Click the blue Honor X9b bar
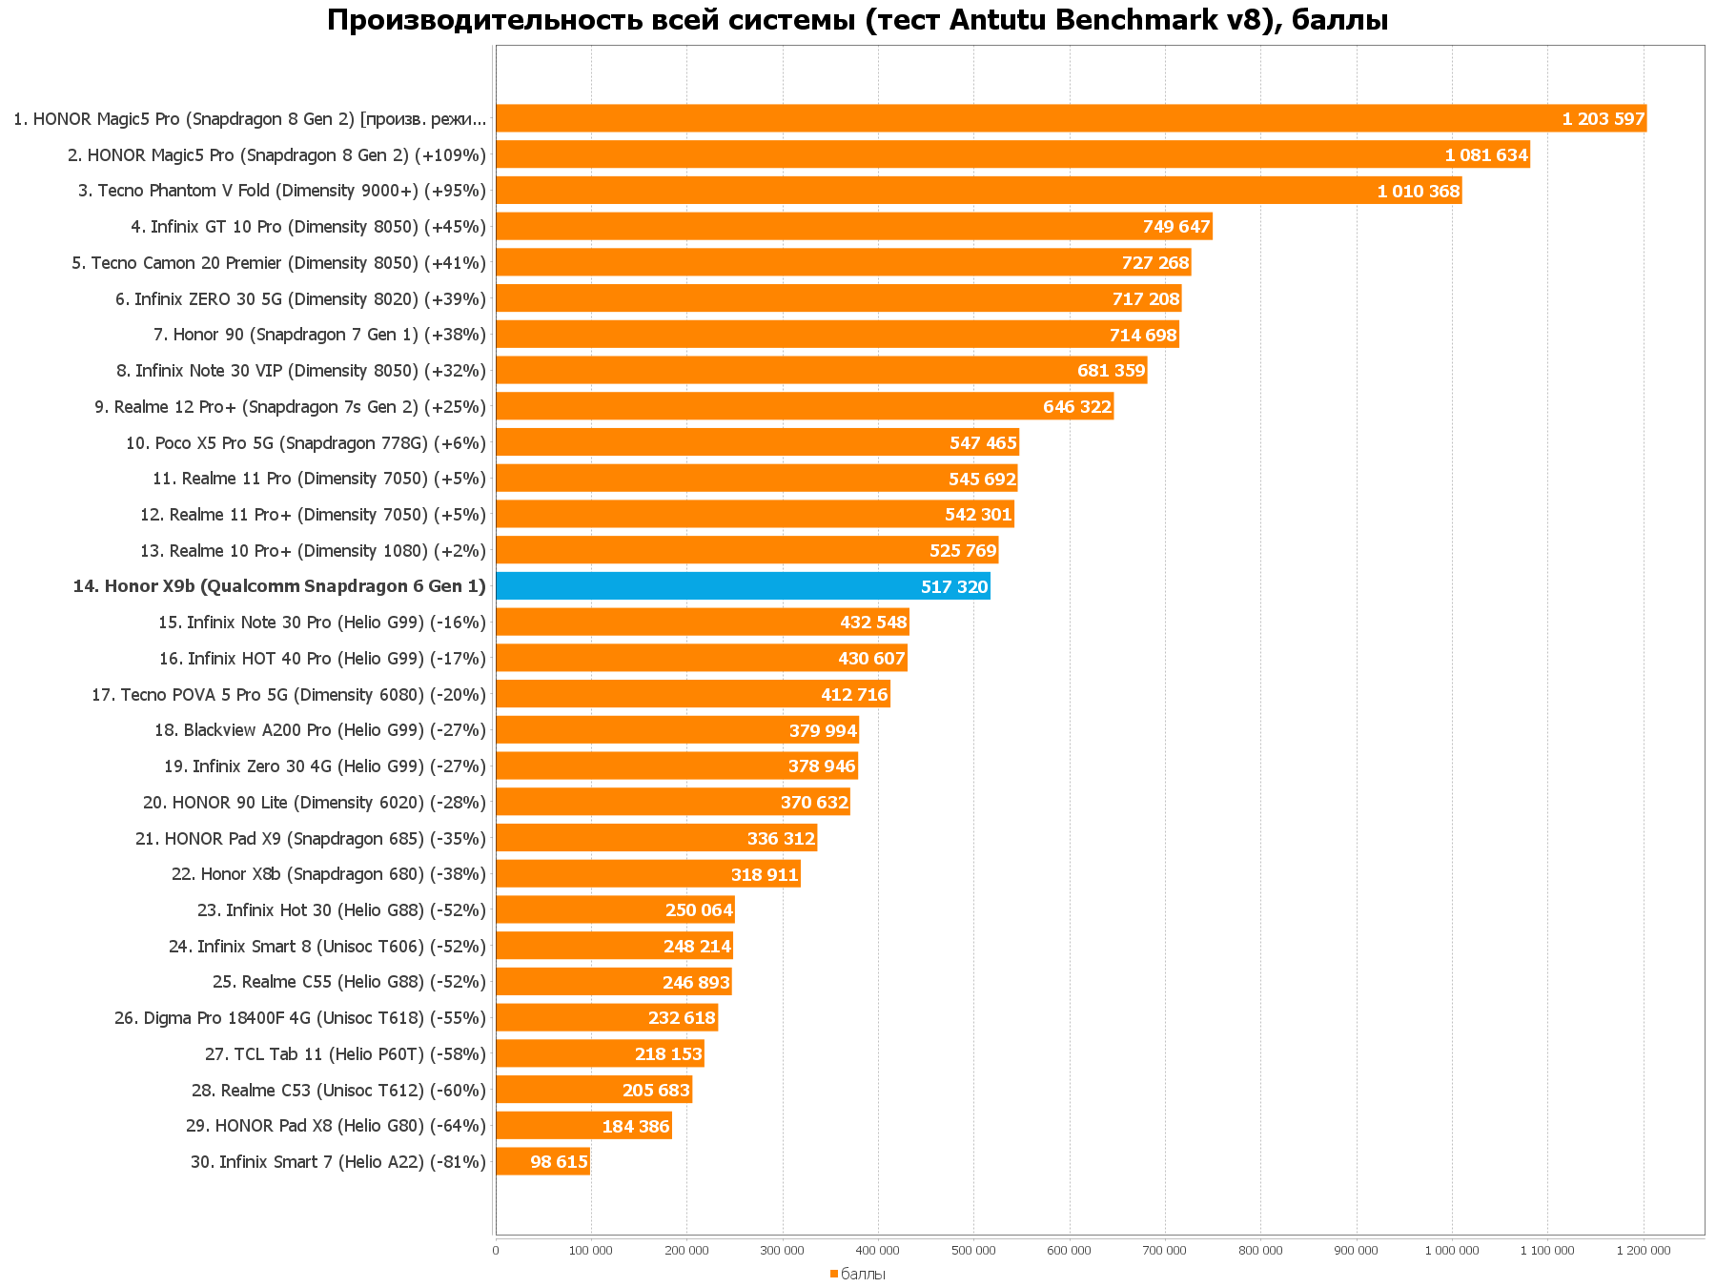click(743, 586)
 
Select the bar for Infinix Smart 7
click(542, 1161)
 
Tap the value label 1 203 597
click(1603, 119)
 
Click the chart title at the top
click(857, 20)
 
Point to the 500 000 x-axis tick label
click(973, 1251)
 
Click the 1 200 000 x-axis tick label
click(1643, 1251)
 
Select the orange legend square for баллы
click(834, 1274)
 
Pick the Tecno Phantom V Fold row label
click(281, 191)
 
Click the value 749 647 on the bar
click(1175, 227)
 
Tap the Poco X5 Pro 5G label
click(305, 442)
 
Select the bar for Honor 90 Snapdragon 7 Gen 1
click(837, 335)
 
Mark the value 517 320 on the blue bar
click(953, 587)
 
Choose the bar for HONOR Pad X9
click(656, 838)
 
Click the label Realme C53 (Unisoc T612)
click(338, 1090)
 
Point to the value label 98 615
click(559, 1162)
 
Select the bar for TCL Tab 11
click(600, 1053)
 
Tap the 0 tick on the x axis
click(496, 1251)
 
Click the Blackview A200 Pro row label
click(319, 730)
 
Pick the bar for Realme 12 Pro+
click(804, 406)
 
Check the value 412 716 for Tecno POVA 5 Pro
click(853, 695)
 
